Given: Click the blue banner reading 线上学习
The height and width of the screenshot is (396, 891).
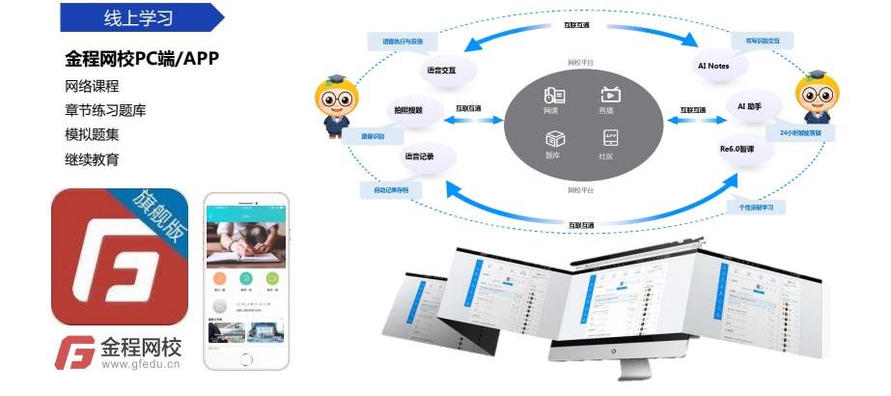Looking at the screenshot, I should (140, 17).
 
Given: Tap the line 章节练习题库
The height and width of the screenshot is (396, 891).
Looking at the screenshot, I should (105, 110).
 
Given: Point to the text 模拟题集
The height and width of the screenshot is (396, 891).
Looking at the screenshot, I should (92, 134).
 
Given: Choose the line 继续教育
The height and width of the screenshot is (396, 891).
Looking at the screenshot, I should (92, 158).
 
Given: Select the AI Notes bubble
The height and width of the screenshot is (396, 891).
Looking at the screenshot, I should (712, 67).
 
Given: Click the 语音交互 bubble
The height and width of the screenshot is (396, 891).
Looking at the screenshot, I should (439, 71).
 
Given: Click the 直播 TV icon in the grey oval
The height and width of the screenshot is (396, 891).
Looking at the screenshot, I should (610, 95).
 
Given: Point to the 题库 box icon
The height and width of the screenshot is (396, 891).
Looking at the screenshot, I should (553, 137).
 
